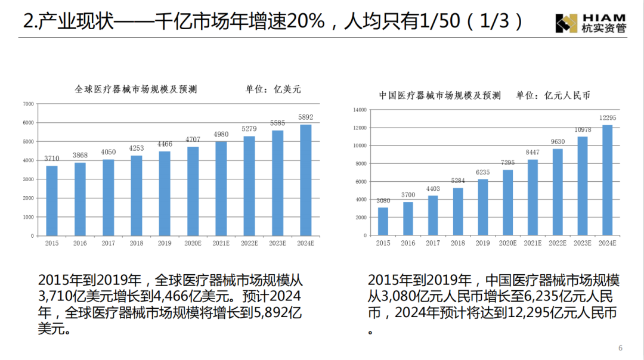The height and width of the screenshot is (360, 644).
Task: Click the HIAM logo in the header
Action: point(590,23)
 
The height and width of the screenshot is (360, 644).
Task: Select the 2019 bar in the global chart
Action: point(165,193)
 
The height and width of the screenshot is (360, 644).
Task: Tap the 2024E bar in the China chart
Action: point(607,180)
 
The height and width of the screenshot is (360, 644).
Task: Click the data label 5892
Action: point(305,117)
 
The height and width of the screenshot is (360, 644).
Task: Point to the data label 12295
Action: point(607,118)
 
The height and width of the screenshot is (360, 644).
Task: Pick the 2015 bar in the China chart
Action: point(383,221)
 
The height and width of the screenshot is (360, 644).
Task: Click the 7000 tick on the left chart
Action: point(29,104)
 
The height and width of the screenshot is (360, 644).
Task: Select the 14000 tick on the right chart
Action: point(360,110)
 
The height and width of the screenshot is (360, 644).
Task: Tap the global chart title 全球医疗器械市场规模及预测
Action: point(136,89)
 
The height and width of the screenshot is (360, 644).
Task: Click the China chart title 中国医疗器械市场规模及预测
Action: point(440,95)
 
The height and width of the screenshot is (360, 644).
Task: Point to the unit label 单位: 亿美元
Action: point(274,89)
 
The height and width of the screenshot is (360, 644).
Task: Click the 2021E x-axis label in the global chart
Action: point(221,243)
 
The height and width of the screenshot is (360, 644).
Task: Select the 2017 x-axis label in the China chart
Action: point(433,243)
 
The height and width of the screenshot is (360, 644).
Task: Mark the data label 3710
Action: point(52,159)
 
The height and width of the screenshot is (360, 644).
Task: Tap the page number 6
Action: point(620,348)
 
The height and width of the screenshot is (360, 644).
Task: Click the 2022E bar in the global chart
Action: point(249,186)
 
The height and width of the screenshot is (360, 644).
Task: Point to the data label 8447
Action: point(532,153)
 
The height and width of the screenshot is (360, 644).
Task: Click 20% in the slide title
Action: point(306,22)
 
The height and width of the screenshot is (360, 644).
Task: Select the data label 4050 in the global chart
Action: point(108,152)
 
